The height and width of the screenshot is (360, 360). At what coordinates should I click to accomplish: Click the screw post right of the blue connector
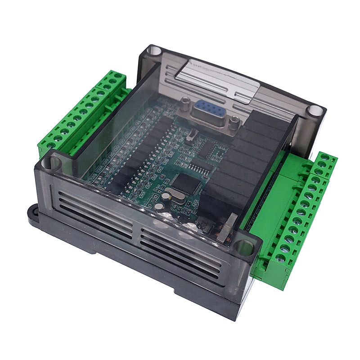(x=234, y=121)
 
